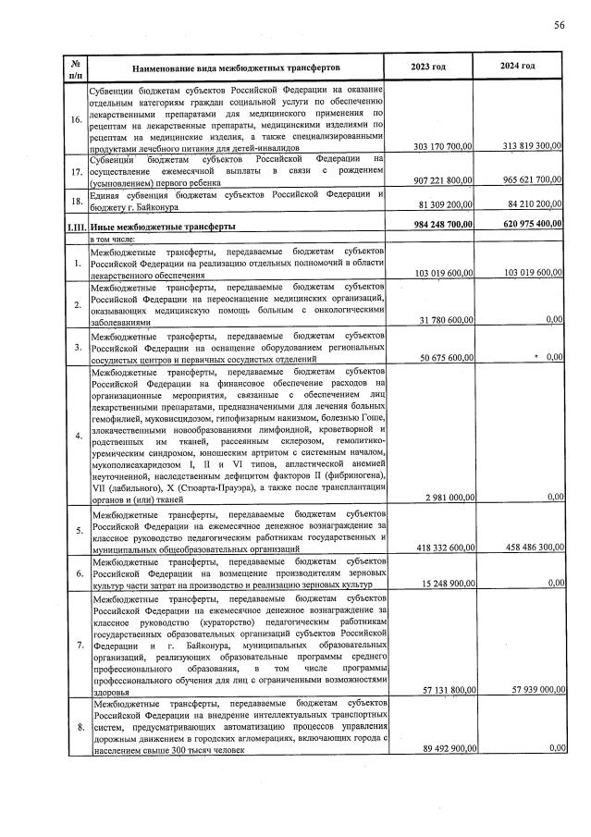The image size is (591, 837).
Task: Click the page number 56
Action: click(x=559, y=25)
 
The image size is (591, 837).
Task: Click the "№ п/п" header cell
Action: click(x=74, y=67)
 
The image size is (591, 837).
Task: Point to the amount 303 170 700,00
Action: click(x=439, y=147)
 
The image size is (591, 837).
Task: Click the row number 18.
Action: click(x=75, y=199)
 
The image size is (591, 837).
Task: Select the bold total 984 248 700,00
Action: click(x=439, y=225)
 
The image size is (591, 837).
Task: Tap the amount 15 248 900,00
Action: click(x=442, y=584)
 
